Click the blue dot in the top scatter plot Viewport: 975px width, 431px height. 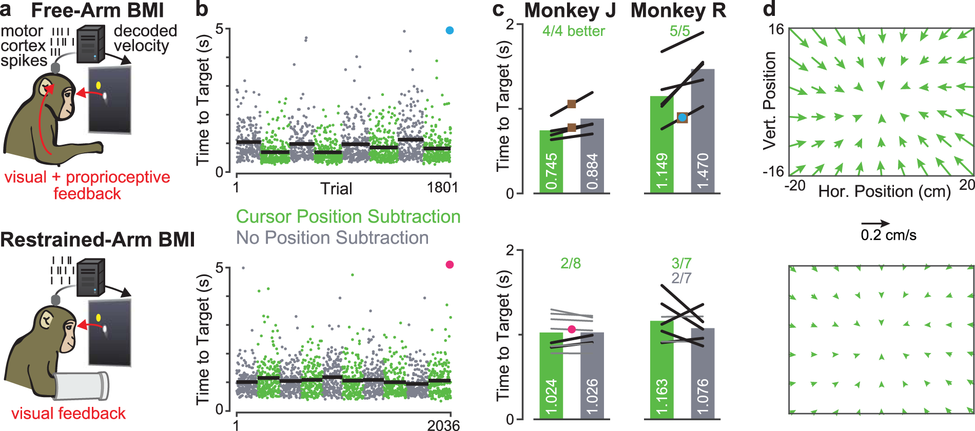coord(450,31)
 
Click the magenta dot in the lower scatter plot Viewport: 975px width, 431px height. coord(450,265)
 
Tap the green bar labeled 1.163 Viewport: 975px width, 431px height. coord(662,369)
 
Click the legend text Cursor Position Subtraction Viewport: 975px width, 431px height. coord(348,217)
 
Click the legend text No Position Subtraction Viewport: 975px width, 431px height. coord(332,238)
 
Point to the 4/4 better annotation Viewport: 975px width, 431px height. coord(573,31)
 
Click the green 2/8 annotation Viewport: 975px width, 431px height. coord(570,264)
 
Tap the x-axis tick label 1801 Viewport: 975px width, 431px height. coord(442,188)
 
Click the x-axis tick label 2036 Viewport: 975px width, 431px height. coord(443,425)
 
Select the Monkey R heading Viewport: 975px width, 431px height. coord(678,11)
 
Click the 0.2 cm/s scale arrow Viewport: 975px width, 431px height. coord(875,224)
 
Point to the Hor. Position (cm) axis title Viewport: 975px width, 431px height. coord(884,192)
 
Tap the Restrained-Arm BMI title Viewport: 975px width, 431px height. coord(98,240)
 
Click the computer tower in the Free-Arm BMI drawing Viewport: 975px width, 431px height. coord(90,45)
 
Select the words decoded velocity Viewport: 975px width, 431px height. coord(145,38)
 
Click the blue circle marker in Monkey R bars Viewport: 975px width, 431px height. coord(682,118)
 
